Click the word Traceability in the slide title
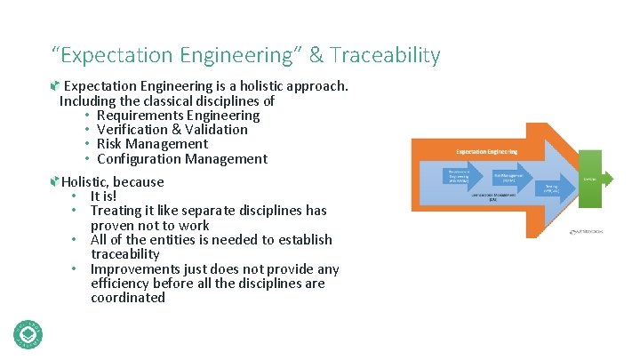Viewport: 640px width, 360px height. pos(386,56)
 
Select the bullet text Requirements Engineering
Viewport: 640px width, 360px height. pos(178,115)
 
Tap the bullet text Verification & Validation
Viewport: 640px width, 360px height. pos(172,130)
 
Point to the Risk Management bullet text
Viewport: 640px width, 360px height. pos(152,144)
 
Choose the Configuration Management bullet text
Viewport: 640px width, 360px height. pos(181,159)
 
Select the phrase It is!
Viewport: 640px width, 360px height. pos(103,196)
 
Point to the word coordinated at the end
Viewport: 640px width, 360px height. pos(128,298)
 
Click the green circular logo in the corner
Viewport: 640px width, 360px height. pos(28,333)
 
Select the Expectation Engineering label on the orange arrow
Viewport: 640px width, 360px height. pos(486,152)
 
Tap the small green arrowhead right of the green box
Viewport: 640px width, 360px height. pos(608,180)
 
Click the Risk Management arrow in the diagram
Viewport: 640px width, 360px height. pos(509,176)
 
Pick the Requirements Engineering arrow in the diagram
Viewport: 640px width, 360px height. pos(460,176)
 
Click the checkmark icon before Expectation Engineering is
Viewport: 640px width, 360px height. pos(55,86)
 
